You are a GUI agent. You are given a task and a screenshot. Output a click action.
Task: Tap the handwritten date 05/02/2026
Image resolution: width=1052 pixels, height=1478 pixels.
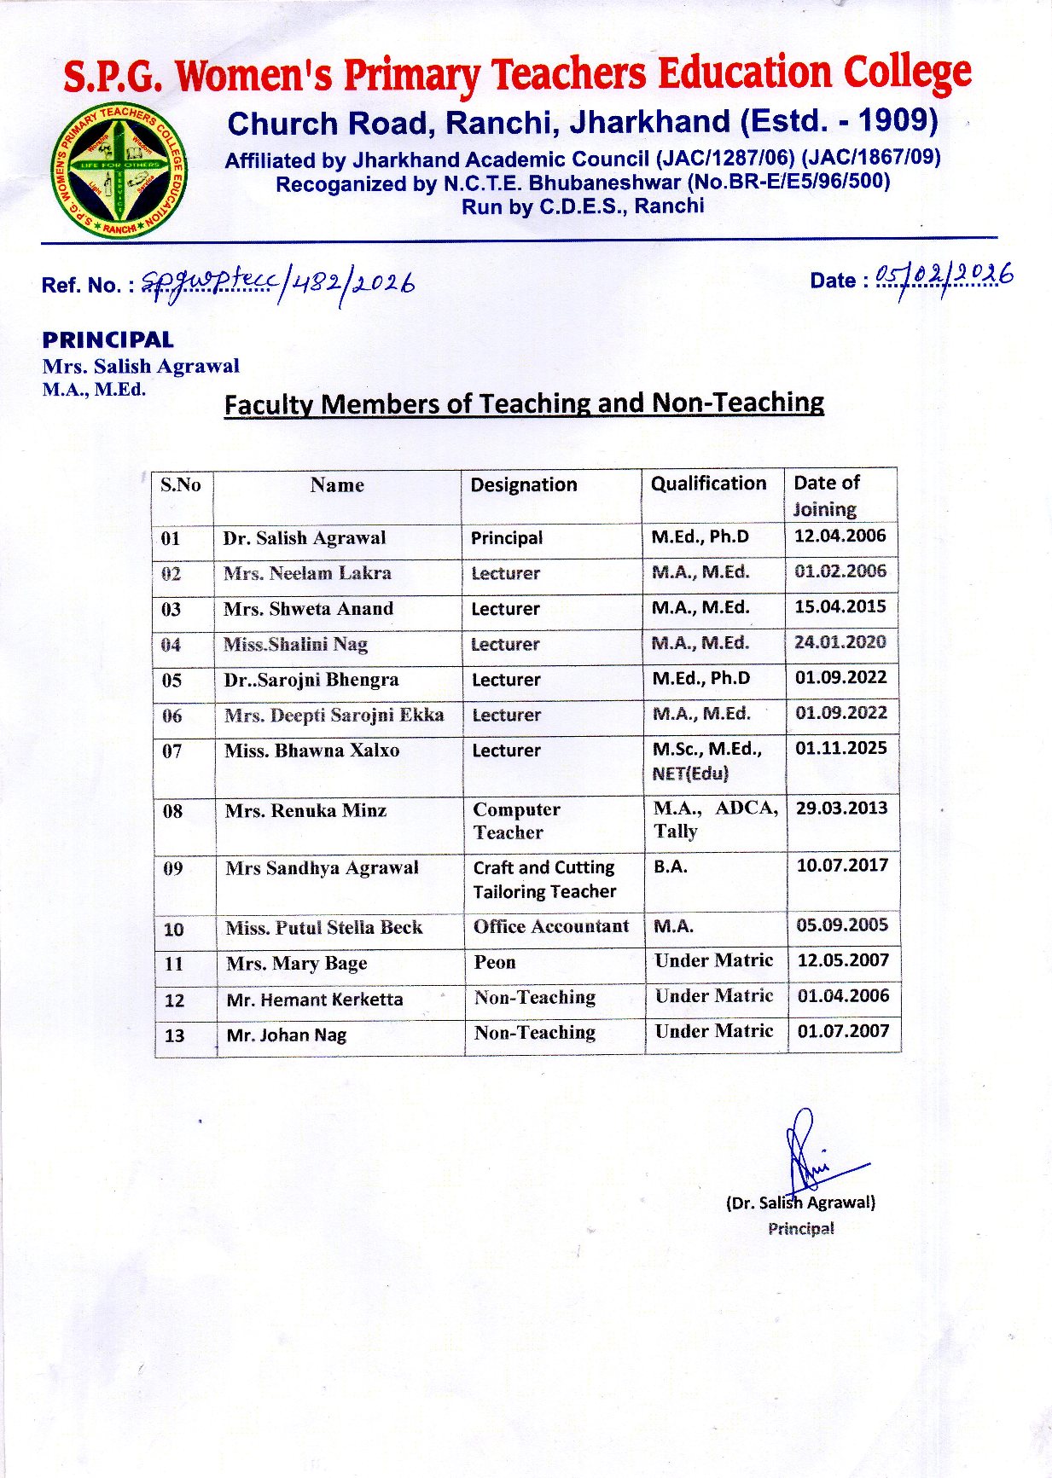tap(944, 277)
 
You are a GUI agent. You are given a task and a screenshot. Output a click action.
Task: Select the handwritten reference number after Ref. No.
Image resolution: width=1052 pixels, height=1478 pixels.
tap(278, 282)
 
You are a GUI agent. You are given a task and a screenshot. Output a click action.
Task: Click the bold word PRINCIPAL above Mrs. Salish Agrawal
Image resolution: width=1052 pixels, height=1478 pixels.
tap(108, 340)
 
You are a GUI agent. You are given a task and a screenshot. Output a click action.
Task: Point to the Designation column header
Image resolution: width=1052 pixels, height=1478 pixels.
tap(524, 485)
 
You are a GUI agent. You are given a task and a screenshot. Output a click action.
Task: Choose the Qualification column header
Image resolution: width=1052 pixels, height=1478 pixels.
tap(708, 484)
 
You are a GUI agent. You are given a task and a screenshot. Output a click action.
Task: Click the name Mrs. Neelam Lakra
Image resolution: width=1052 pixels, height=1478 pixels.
tap(307, 574)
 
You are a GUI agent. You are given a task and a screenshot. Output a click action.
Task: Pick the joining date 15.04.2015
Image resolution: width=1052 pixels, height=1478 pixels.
tap(840, 607)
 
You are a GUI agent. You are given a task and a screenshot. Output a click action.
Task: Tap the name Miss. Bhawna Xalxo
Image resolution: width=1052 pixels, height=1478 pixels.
tap(311, 751)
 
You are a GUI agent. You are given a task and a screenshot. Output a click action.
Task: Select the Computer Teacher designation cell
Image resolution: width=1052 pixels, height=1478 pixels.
tap(516, 820)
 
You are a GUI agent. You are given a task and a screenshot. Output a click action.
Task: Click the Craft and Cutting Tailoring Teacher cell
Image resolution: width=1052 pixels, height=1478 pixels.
tap(544, 879)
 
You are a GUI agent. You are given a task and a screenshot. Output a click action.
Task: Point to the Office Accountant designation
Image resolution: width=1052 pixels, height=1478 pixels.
tap(551, 927)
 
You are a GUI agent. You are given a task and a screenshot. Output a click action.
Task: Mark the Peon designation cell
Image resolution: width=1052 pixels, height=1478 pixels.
tap(495, 963)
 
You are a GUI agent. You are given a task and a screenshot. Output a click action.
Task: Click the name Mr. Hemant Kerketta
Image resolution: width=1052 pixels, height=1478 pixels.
tap(314, 1000)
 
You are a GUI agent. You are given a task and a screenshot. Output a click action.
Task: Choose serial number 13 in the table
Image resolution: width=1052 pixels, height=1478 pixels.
tap(174, 1036)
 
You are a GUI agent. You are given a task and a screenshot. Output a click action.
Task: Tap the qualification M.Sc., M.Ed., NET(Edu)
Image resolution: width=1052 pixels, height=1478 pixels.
tap(706, 761)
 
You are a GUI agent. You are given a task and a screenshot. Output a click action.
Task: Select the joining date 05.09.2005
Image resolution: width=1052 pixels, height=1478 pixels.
tap(842, 925)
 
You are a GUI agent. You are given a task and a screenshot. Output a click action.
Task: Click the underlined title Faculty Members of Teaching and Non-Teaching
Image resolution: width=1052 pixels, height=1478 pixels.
tap(524, 403)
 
